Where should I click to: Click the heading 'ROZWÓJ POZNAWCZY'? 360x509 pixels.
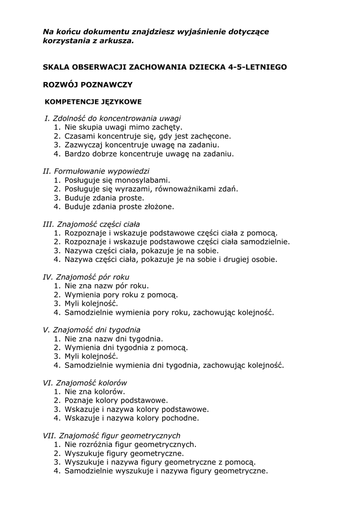coord(88,85)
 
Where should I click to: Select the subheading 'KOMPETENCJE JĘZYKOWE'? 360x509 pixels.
coord(93,102)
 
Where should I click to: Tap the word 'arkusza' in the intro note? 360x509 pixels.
coord(118,41)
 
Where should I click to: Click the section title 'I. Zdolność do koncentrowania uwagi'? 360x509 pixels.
coord(112,118)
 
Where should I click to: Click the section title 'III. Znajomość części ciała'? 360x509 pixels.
coord(91,224)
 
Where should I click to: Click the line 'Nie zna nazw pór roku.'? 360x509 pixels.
coord(106,286)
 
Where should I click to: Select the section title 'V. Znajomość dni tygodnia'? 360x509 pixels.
coord(91,330)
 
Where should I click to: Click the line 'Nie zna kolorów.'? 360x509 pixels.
coord(94,391)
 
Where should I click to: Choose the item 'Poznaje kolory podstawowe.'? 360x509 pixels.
coord(116,400)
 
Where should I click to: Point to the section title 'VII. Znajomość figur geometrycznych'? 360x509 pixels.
coord(111,435)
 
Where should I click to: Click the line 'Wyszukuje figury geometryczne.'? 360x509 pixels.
coord(124,453)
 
